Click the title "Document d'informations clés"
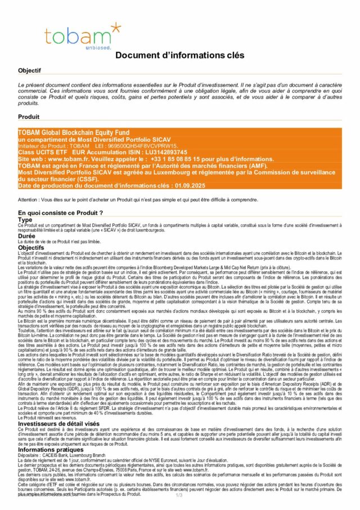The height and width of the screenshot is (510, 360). [x=180, y=55]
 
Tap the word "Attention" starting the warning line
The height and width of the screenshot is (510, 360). [x=30, y=199]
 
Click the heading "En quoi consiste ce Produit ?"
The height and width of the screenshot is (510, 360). [x=60, y=213]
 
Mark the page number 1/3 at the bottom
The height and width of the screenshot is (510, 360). [x=179, y=495]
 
